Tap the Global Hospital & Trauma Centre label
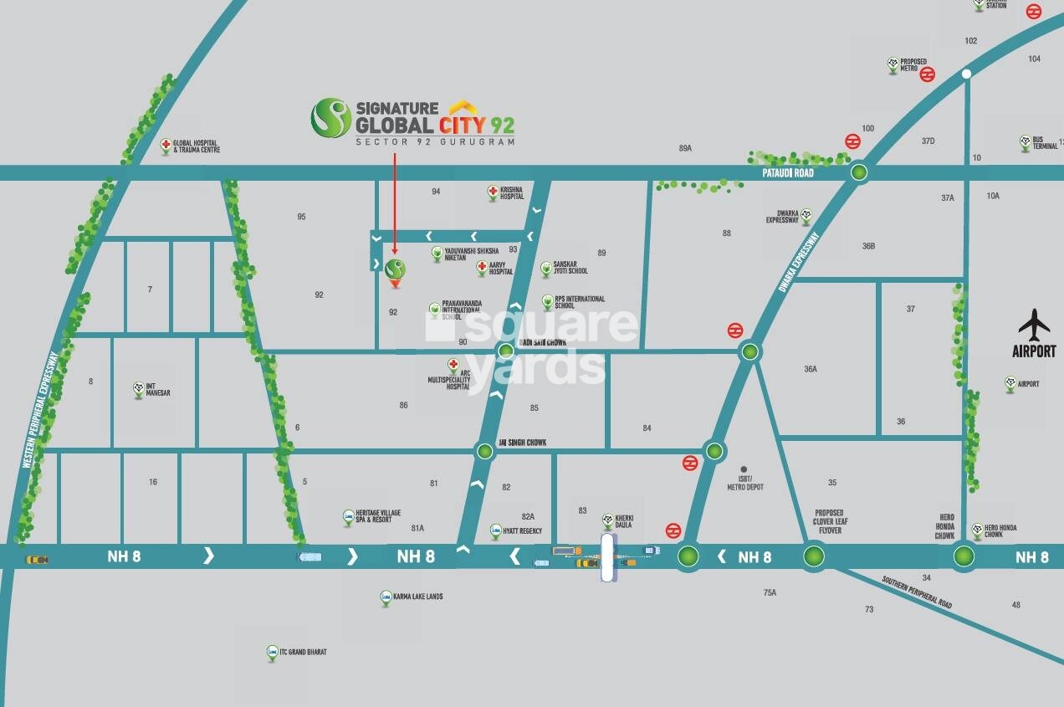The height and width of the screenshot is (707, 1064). click(196, 146)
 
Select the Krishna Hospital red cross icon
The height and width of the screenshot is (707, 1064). click(493, 192)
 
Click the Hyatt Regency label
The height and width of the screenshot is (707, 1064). click(522, 531)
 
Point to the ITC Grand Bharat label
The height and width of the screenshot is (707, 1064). click(303, 652)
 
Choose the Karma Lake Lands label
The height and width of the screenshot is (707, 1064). click(417, 597)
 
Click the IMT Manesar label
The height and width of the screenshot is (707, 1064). click(157, 389)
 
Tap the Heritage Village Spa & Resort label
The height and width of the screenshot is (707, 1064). click(372, 516)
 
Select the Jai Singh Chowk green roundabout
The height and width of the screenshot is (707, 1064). click(485, 452)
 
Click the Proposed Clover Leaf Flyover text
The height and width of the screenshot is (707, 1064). click(828, 521)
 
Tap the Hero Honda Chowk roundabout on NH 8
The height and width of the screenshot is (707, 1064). click(964, 556)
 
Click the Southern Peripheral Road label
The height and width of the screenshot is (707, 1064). click(917, 592)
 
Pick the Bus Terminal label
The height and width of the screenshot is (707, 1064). click(1045, 143)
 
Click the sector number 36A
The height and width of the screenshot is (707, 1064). click(810, 369)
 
